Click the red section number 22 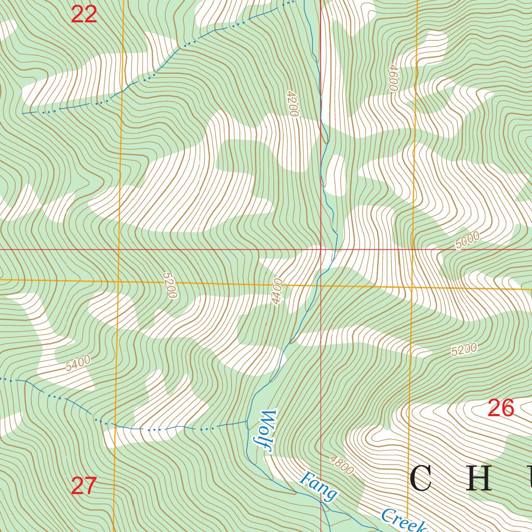[84, 15]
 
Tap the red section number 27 [84, 486]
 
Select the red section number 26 [501, 408]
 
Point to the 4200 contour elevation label [292, 103]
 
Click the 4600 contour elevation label [393, 78]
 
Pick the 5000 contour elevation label [467, 241]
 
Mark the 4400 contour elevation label [276, 291]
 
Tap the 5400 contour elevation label [78, 363]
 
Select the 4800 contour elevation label [341, 464]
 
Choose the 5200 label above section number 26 [464, 350]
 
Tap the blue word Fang [318, 486]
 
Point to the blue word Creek [403, 521]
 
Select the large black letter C [421, 479]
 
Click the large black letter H [478, 479]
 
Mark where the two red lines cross [321, 249]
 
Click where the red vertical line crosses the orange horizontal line [321, 285]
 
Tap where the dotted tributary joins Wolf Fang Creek [247, 422]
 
